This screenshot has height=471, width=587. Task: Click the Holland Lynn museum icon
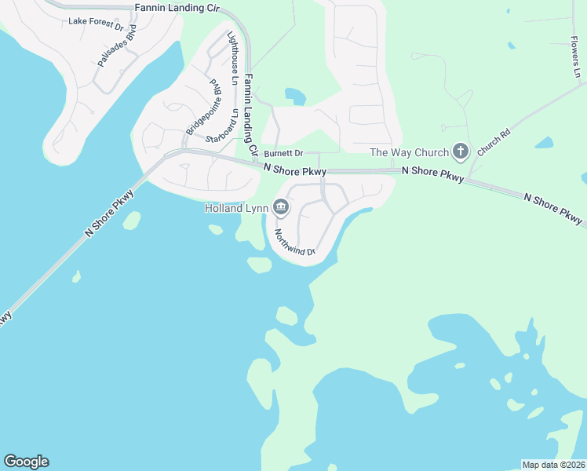[x=281, y=208]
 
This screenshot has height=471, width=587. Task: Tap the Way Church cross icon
[x=461, y=152]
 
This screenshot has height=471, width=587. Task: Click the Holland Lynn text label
[x=235, y=208]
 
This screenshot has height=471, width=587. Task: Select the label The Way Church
[x=409, y=152]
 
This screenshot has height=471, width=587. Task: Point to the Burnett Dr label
[x=283, y=154]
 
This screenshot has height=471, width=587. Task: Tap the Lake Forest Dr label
[x=96, y=24]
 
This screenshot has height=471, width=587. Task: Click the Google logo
[x=26, y=462]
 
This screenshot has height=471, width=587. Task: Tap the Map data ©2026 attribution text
[x=553, y=465]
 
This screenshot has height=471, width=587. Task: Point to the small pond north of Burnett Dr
[x=295, y=97]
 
